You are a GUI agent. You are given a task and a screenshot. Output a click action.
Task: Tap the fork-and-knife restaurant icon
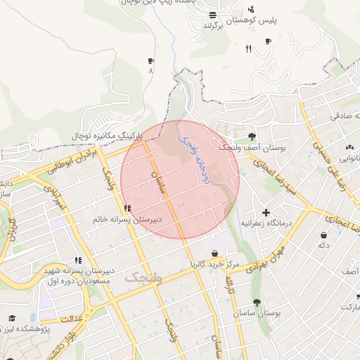pyautogui.click(x=247, y=49)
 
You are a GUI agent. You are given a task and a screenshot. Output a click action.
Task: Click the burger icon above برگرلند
pyautogui.click(x=213, y=15)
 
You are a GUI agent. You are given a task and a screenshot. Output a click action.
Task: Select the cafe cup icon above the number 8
pyautogui.click(x=151, y=61)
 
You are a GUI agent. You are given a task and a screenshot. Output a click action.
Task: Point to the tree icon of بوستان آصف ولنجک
pyautogui.click(x=252, y=136)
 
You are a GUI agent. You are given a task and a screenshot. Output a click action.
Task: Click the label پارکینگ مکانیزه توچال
pyautogui.click(x=106, y=134)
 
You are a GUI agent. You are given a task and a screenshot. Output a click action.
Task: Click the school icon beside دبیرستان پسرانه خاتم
pyautogui.click(x=127, y=209)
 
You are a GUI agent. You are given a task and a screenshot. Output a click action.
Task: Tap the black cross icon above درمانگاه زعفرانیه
pyautogui.click(x=266, y=212)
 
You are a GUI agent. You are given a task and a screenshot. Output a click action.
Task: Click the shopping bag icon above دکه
pyautogui.click(x=323, y=235)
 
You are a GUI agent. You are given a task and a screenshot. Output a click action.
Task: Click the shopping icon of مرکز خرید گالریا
pyautogui.click(x=214, y=254)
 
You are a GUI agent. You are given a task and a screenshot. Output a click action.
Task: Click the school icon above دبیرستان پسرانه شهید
pyautogui.click(x=78, y=261)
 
